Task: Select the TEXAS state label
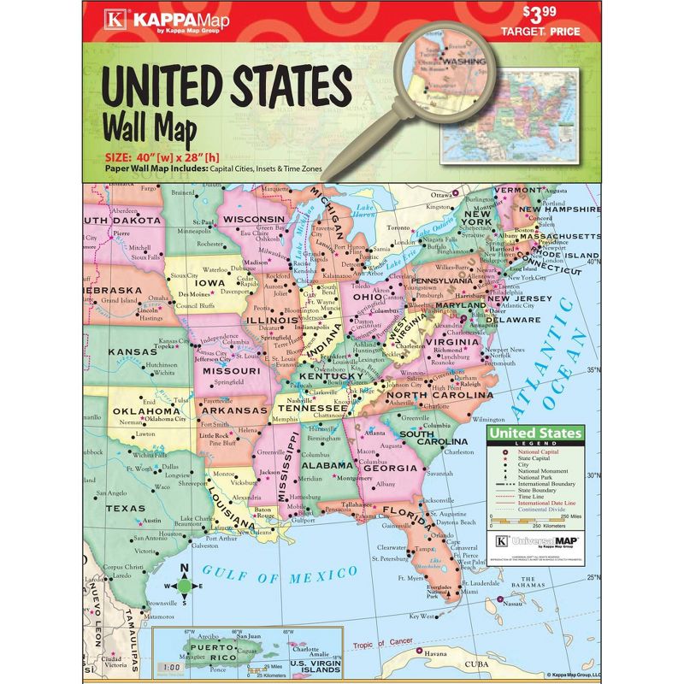[126, 508]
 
